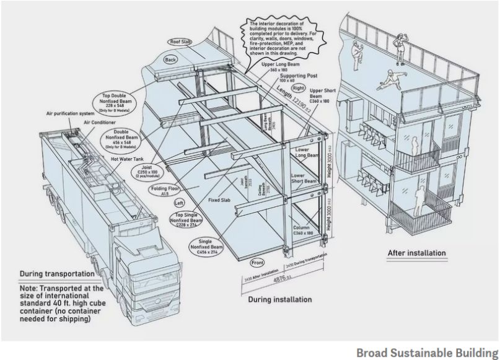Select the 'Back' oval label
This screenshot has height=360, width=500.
171,61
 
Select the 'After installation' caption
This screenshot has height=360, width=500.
416,253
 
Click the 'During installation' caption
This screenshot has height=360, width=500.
279,299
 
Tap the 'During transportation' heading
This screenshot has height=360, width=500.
57,273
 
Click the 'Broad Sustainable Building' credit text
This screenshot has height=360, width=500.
428,351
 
